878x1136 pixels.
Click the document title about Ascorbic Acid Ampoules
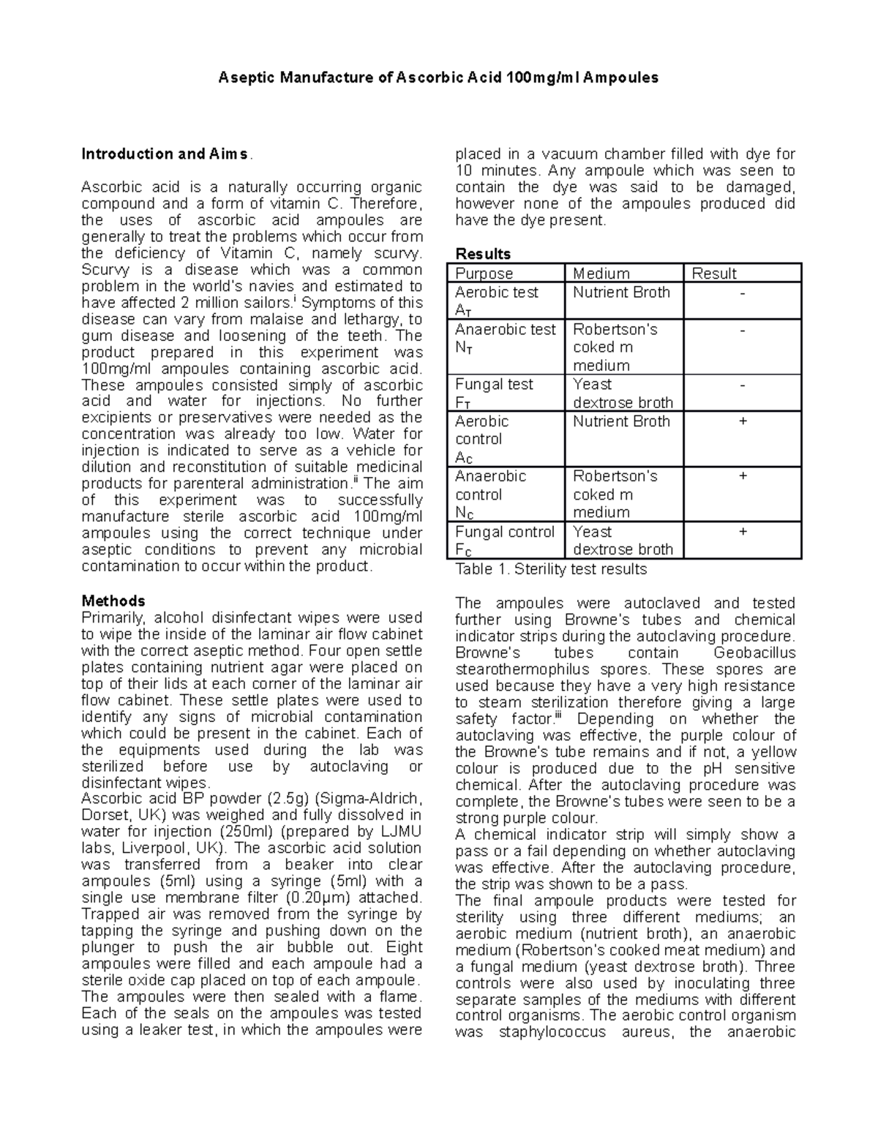coord(438,78)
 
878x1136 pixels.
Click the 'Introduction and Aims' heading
coord(165,154)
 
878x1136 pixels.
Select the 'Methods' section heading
coord(113,601)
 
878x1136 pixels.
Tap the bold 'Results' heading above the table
coord(483,254)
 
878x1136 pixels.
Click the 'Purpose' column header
coord(484,274)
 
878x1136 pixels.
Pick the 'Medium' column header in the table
coord(601,274)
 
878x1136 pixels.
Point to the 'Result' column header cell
coord(714,274)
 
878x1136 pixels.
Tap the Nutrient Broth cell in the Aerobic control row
coord(621,421)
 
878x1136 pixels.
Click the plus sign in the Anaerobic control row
coord(743,476)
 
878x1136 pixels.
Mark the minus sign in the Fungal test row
coord(743,385)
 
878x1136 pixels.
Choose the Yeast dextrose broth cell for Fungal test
coord(623,394)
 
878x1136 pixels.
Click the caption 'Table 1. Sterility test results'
coord(551,569)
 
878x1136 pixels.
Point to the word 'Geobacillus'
coord(754,653)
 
